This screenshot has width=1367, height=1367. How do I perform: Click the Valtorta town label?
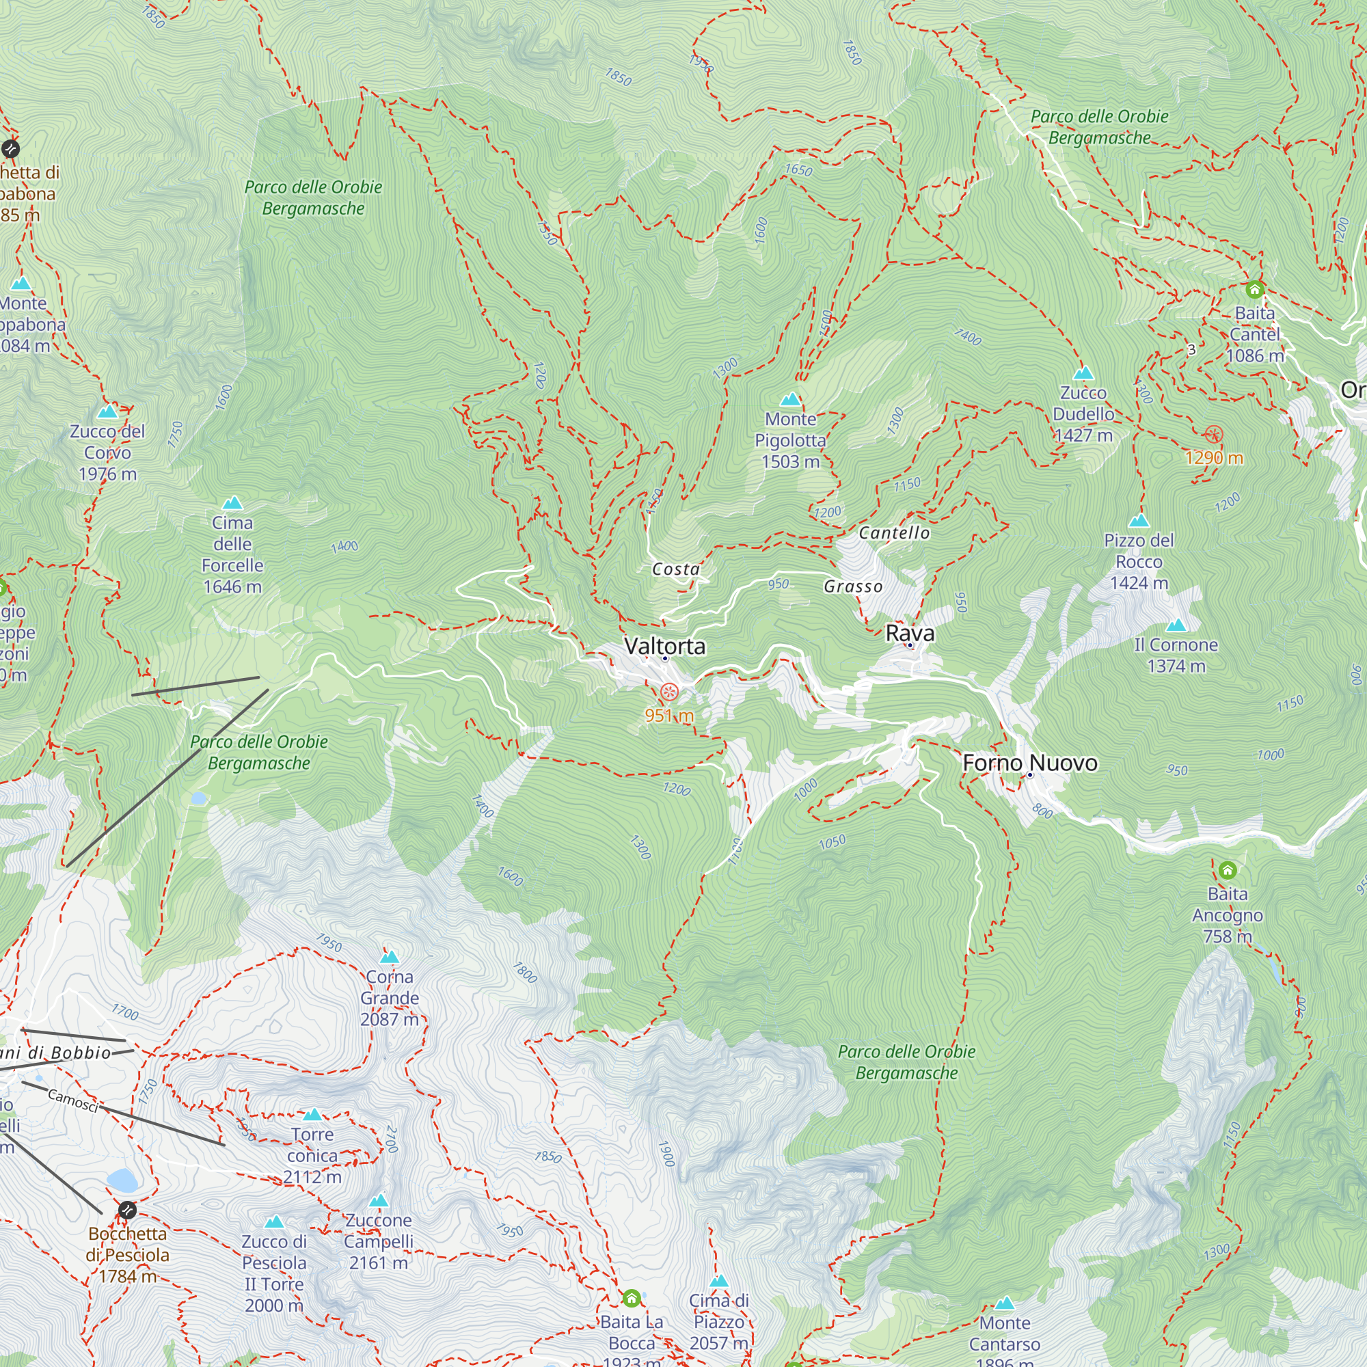664,646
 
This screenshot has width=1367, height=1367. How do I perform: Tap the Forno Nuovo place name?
1029,763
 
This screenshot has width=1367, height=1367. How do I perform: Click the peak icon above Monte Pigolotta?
790,400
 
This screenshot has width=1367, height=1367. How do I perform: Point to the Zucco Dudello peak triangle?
1083,374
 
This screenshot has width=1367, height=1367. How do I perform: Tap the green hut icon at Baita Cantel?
1254,289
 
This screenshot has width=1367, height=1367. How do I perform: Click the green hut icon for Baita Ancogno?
1228,869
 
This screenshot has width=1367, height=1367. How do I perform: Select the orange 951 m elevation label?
668,716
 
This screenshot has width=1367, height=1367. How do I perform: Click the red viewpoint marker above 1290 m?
1213,435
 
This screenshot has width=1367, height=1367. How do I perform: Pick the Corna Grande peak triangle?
389,958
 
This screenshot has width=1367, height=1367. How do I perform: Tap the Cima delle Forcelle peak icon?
232,504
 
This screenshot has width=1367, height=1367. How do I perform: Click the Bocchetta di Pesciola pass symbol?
127,1209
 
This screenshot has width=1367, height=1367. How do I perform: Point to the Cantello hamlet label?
893,533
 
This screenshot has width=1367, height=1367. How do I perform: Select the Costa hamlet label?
676,569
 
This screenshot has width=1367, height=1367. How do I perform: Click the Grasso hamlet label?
852,586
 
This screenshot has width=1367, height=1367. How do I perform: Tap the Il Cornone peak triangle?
1176,625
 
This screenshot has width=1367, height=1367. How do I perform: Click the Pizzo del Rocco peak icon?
1139,522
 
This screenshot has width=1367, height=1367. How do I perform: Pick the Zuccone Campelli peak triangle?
379,1201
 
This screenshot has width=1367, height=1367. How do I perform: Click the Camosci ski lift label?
73,1100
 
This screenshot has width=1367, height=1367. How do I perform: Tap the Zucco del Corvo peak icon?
107,411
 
